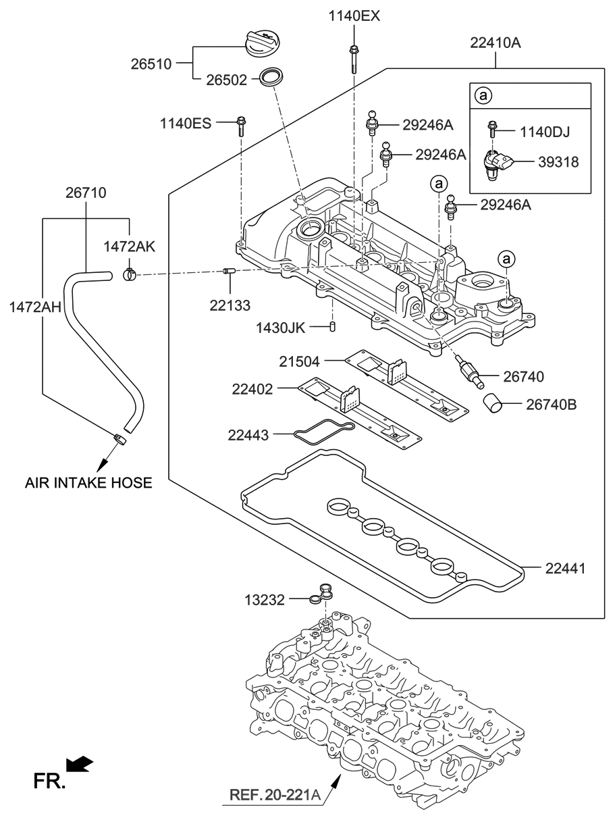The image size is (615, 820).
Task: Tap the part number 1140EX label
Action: [x=354, y=15]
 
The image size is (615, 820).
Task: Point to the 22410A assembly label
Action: [x=496, y=44]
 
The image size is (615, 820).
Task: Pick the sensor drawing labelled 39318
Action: [x=497, y=164]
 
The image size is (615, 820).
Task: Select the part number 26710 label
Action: [x=86, y=193]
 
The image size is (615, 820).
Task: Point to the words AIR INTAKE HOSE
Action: [x=88, y=482]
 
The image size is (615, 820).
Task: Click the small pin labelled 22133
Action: [x=228, y=272]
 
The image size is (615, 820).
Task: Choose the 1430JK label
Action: [x=281, y=328]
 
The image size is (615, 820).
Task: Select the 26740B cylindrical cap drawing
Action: [x=494, y=404]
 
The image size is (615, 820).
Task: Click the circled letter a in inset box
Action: [x=483, y=96]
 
